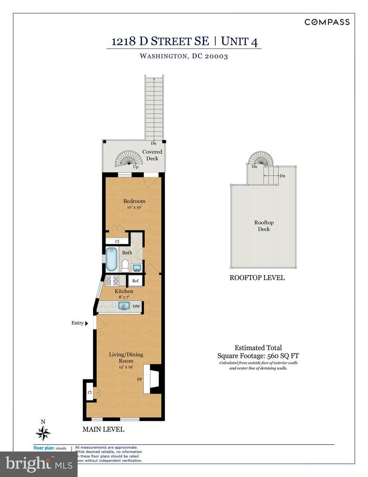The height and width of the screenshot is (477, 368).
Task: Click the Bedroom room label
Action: tap(134, 201)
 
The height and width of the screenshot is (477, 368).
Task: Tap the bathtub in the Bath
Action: tap(109, 260)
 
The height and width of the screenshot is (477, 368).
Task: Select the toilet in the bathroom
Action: tap(125, 265)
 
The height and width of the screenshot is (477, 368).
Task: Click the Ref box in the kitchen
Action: tap(135, 281)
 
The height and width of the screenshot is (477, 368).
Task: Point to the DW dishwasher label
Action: tap(136, 306)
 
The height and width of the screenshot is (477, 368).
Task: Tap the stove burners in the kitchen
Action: tap(112, 280)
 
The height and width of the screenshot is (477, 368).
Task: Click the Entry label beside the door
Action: tap(78, 323)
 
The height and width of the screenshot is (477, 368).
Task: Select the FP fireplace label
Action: tap(139, 379)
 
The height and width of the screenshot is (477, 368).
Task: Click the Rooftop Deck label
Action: tap(262, 226)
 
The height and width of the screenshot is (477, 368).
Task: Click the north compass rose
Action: tap(43, 432)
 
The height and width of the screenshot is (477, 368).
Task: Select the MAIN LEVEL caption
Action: tap(103, 429)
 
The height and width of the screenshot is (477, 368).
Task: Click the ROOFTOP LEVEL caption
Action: tap(257, 278)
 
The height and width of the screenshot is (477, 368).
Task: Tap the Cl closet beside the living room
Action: tap(89, 392)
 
